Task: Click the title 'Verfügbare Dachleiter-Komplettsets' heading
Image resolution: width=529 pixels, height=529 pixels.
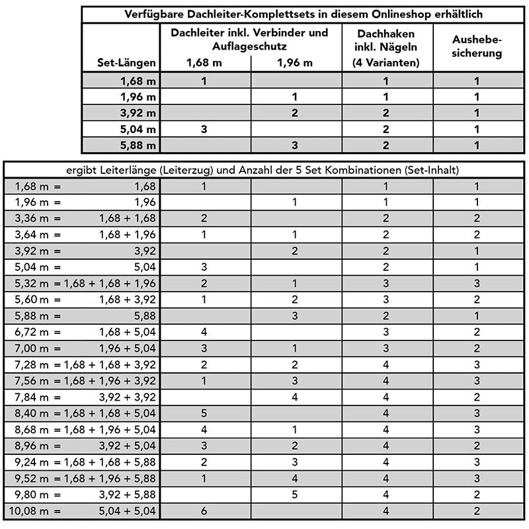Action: pyautogui.click(x=304, y=14)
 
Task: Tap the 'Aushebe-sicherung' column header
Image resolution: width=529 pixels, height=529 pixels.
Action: pyautogui.click(x=475, y=46)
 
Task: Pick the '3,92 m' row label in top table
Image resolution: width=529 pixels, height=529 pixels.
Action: pyautogui.click(x=138, y=113)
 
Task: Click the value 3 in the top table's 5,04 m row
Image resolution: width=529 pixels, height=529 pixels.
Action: pyautogui.click(x=204, y=130)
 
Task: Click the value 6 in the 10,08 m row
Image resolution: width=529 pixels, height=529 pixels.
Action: pyautogui.click(x=204, y=510)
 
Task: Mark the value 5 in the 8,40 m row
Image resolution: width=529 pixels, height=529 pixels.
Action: pyautogui.click(x=204, y=413)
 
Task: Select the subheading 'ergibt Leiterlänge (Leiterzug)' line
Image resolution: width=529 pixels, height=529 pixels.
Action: pyautogui.click(x=264, y=170)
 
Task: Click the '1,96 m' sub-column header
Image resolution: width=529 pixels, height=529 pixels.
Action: pyautogui.click(x=295, y=63)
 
